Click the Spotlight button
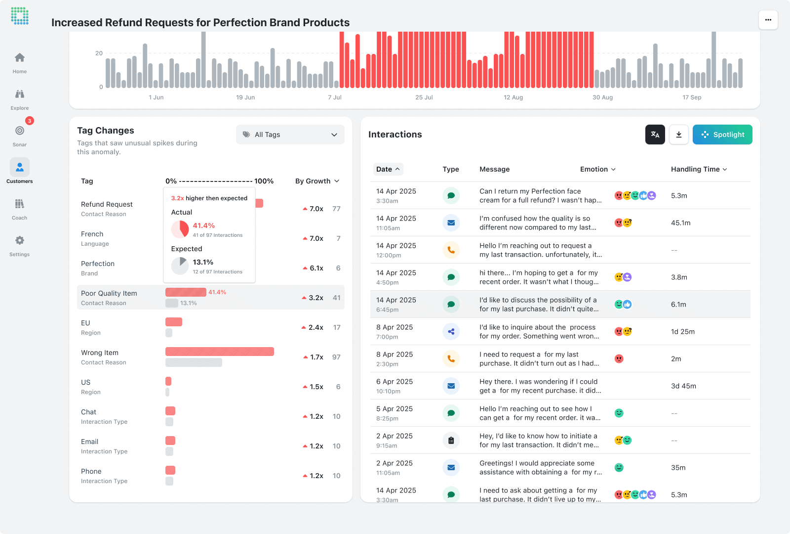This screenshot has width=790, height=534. [x=722, y=134]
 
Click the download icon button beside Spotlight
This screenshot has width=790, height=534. [x=679, y=134]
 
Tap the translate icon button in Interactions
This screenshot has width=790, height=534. [x=655, y=134]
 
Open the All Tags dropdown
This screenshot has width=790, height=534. [x=290, y=134]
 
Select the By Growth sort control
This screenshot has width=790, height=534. [x=317, y=181]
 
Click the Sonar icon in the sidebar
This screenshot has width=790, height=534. [x=20, y=131]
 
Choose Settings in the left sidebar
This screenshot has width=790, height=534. [x=20, y=241]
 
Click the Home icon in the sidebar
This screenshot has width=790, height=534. [x=20, y=58]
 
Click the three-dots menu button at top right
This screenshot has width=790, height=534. [x=768, y=20]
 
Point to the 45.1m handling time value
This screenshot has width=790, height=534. [x=680, y=223]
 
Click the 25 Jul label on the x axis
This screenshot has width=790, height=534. [x=424, y=97]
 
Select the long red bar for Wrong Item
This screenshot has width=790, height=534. [x=219, y=352]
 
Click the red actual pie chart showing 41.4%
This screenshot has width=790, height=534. [x=180, y=229]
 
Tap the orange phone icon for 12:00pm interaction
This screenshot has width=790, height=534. [x=451, y=250]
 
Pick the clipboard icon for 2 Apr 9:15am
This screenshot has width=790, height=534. [x=451, y=440]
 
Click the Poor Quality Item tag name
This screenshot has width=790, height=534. [x=109, y=293]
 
